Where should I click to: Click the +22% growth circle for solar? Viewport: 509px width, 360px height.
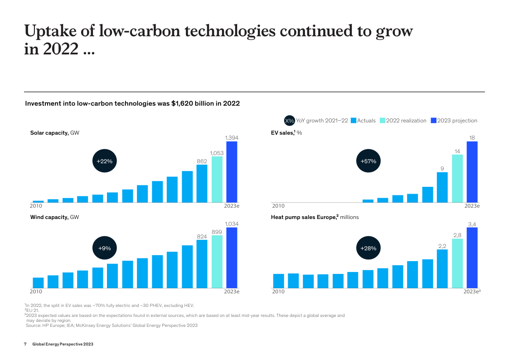(x=105, y=161)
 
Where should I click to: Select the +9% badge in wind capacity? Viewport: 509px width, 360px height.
(x=105, y=248)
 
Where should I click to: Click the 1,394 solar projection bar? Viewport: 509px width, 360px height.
(x=232, y=172)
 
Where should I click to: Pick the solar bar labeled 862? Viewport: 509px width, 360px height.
(x=202, y=184)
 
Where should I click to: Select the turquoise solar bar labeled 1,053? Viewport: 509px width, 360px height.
(x=217, y=180)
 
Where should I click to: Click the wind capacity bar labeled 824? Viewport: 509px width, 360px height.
(x=202, y=264)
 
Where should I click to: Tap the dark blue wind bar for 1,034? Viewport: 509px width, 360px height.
(x=232, y=258)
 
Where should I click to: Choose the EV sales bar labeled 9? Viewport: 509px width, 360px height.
(x=442, y=187)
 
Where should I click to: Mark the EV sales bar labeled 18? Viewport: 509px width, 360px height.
(x=472, y=172)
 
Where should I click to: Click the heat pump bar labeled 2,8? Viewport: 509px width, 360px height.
(x=457, y=263)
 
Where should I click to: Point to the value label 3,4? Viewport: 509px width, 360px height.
(x=472, y=224)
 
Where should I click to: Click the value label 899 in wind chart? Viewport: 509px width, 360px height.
(x=217, y=232)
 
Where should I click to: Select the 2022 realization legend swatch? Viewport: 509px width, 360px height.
(x=383, y=121)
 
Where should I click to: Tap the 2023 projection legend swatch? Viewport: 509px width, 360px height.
(x=433, y=121)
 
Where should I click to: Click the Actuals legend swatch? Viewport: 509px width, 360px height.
(x=354, y=121)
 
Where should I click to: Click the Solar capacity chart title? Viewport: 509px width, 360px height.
(x=49, y=133)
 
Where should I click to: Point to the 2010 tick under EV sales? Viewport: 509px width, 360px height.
(x=278, y=206)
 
